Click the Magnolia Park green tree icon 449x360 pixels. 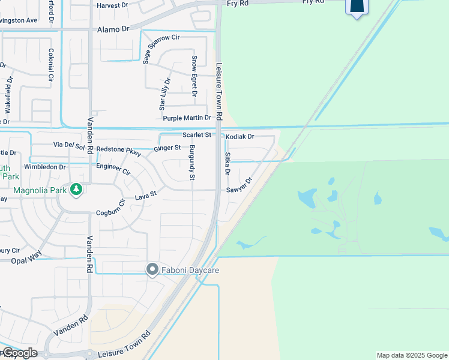[76, 190]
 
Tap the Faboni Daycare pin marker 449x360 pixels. [152, 270]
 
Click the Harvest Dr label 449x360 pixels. [112, 5]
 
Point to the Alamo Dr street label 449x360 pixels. [113, 29]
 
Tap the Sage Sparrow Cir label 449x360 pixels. [161, 49]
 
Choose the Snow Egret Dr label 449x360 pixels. [194, 76]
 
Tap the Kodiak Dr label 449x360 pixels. [240, 137]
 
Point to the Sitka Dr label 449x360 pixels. [228, 163]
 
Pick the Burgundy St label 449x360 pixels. [192, 163]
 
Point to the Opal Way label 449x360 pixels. [26, 261]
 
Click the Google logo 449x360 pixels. [20, 352]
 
